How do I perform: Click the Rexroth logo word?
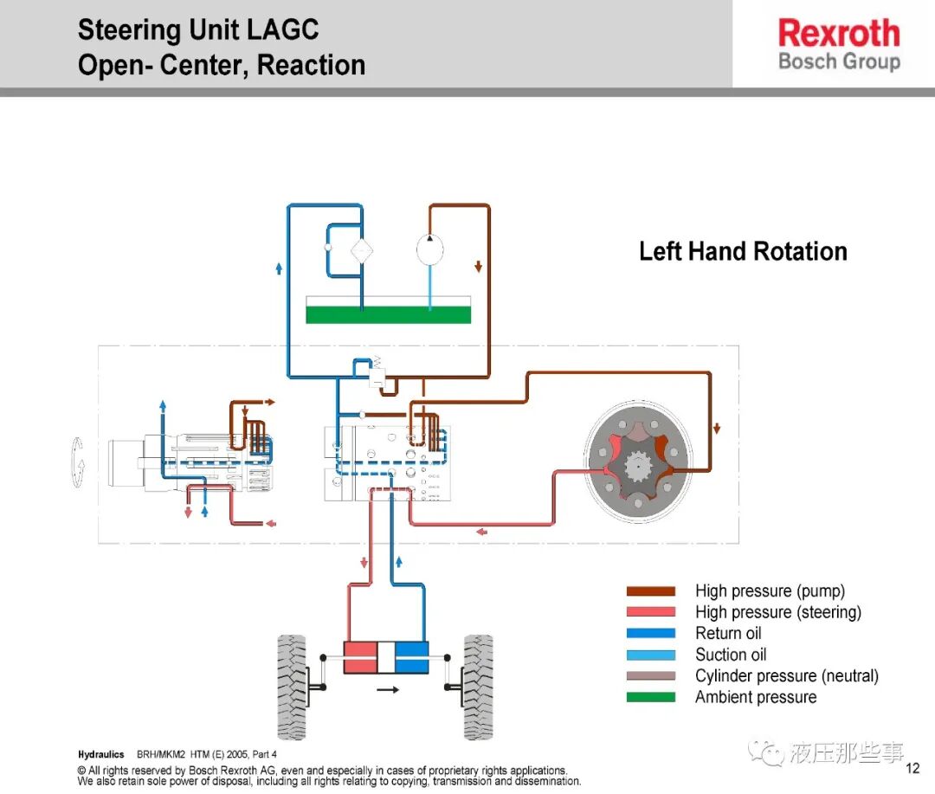[x=839, y=33]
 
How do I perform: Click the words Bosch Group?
[x=839, y=61]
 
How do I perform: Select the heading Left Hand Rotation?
[x=743, y=251]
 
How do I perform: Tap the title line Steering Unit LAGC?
[x=198, y=29]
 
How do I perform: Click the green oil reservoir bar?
[x=388, y=314]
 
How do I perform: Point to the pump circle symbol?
[x=430, y=249]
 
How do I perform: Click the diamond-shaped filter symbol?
[x=361, y=251]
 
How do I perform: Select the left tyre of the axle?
[x=293, y=687]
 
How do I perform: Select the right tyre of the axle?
[x=478, y=687]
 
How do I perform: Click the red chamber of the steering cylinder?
[x=360, y=657]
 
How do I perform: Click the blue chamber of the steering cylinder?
[x=411, y=657]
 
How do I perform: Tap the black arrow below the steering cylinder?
[x=388, y=690]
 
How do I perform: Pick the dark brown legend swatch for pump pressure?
[x=650, y=591]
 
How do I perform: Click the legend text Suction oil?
[x=731, y=655]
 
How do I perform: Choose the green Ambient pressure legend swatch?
[x=650, y=697]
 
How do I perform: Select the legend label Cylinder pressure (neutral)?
[x=786, y=676]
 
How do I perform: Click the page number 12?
[x=912, y=768]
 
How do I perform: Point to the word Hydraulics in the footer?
[x=100, y=755]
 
